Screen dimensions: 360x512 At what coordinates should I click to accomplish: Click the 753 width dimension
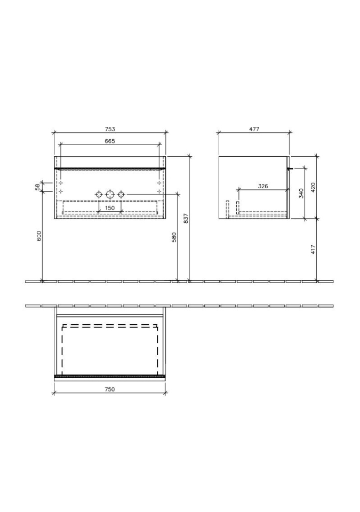click(x=110, y=129)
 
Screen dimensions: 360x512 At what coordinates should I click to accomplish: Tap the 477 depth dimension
click(x=254, y=129)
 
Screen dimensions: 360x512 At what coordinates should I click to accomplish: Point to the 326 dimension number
click(x=262, y=186)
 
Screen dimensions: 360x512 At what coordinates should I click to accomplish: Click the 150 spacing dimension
click(x=110, y=208)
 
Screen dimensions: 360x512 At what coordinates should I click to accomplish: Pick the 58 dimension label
click(x=37, y=187)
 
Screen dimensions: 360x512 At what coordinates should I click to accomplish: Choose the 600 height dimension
click(x=39, y=236)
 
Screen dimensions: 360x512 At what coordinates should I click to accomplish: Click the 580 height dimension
click(x=174, y=237)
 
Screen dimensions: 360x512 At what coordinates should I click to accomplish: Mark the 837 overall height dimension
click(x=186, y=218)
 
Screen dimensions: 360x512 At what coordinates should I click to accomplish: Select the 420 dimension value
click(x=313, y=188)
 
